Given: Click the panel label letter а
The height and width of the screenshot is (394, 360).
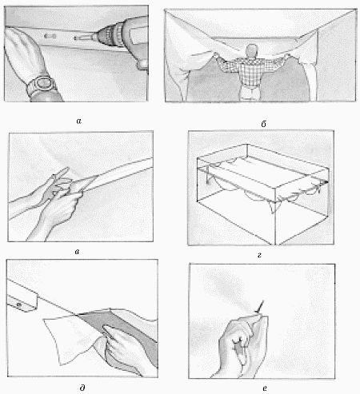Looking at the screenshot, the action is coord(78,121).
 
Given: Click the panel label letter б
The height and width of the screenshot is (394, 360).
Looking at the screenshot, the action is coord(263,124).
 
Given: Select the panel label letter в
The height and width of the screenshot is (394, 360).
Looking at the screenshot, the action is coord(77,252).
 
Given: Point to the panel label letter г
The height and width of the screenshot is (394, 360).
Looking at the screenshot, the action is coord(259,255).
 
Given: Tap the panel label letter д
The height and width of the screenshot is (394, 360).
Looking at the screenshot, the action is coord(82,388).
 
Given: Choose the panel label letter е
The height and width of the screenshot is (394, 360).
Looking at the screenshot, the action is coord(265,388).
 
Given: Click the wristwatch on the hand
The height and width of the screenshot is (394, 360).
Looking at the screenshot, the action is coord(42,86).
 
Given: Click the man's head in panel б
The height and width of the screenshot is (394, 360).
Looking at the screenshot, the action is coord(252,50).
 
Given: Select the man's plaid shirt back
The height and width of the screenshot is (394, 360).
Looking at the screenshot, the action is coord(250,70).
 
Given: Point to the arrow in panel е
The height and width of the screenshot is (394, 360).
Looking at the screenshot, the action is coord(259,307).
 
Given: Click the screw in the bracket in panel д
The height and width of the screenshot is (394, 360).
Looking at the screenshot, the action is coord(19,304).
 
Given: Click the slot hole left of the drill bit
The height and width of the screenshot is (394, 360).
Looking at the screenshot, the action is coord(50,36).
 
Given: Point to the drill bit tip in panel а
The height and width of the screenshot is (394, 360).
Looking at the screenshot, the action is coord(75,39).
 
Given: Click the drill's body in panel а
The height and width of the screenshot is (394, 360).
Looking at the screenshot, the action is coord(134,38).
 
